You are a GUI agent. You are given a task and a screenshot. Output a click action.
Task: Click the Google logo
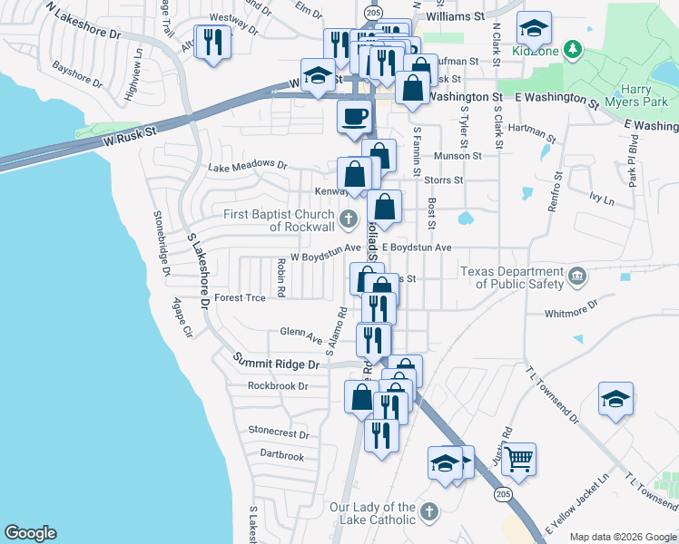pyautogui.click(x=30, y=534)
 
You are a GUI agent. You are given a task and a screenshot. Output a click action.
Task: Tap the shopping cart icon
pyautogui.click(x=518, y=460)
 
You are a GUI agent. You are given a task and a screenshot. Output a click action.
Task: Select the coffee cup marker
pyautogui.click(x=354, y=116)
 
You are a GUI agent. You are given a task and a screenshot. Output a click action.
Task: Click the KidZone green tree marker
pyautogui.click(x=573, y=47)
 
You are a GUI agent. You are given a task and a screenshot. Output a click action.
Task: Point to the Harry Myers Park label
pyautogui.click(x=647, y=96)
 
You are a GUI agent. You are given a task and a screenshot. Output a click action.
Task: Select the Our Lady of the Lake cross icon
pyautogui.click(x=429, y=511)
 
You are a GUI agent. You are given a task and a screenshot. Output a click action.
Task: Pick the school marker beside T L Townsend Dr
pyautogui.click(x=616, y=399)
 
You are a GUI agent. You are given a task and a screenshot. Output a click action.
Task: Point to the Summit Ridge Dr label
pyautogui.click(x=277, y=364)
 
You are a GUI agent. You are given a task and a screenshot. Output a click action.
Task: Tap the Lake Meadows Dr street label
pyautogui.click(x=247, y=167)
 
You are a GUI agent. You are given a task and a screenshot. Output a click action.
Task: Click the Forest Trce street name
pyautogui.click(x=241, y=297)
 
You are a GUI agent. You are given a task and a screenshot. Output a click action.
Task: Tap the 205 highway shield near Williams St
pyautogui.click(x=373, y=11)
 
